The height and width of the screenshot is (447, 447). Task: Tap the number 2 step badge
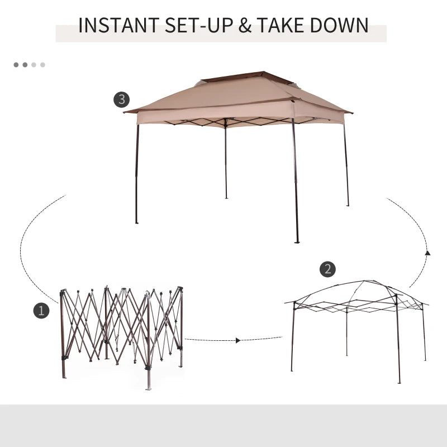click(x=327, y=269)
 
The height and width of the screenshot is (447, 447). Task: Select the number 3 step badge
click(x=121, y=101)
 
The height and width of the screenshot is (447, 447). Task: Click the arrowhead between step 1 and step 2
click(x=239, y=340)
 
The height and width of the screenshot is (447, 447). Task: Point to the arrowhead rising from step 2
click(x=427, y=253)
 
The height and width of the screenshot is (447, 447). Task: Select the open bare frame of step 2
click(x=358, y=324)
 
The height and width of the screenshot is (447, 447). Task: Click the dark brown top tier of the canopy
click(x=240, y=77)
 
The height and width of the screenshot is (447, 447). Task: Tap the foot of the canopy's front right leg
click(x=297, y=241)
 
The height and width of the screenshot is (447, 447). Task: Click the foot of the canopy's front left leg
click(x=136, y=222)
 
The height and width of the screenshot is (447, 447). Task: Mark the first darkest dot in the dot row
click(x=16, y=65)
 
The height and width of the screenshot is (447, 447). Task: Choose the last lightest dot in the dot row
click(x=42, y=65)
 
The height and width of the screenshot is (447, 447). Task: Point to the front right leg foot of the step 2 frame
click(x=399, y=382)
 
